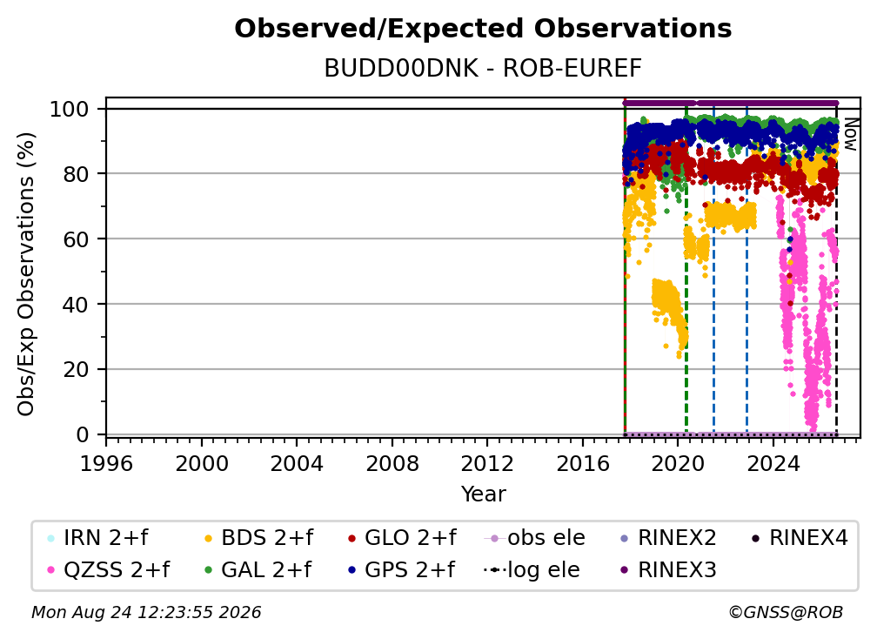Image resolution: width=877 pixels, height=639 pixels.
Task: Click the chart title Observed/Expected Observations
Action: click(x=483, y=29)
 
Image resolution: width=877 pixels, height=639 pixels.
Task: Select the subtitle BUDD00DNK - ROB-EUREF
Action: click(x=483, y=68)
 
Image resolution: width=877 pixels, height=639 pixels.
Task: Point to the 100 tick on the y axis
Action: click(x=70, y=109)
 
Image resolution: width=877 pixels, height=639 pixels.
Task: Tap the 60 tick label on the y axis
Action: click(x=76, y=239)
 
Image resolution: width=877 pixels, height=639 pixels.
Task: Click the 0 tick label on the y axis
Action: click(x=82, y=434)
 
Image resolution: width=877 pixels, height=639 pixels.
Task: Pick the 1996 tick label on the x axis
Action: click(x=106, y=463)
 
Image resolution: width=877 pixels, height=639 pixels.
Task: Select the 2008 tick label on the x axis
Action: click(x=392, y=463)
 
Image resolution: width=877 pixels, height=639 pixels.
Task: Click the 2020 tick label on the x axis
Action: click(x=678, y=463)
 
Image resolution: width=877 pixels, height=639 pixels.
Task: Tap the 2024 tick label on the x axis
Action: click(x=773, y=463)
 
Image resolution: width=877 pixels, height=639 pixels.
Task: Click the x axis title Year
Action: click(x=483, y=494)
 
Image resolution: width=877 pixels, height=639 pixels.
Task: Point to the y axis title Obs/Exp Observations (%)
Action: click(x=26, y=274)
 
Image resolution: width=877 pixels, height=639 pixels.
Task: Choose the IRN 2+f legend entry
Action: click(x=97, y=538)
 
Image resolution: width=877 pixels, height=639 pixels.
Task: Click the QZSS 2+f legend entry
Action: click(x=108, y=569)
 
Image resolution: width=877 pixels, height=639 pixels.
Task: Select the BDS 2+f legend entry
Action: click(x=258, y=538)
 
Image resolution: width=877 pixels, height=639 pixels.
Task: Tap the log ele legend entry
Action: click(x=532, y=569)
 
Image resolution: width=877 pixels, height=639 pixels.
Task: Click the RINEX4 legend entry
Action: click(x=800, y=538)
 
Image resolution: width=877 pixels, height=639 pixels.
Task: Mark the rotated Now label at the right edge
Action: click(x=850, y=134)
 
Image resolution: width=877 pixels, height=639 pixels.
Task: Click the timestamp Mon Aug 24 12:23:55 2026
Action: click(x=146, y=612)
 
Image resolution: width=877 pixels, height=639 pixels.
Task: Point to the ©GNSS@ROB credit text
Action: click(x=786, y=612)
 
